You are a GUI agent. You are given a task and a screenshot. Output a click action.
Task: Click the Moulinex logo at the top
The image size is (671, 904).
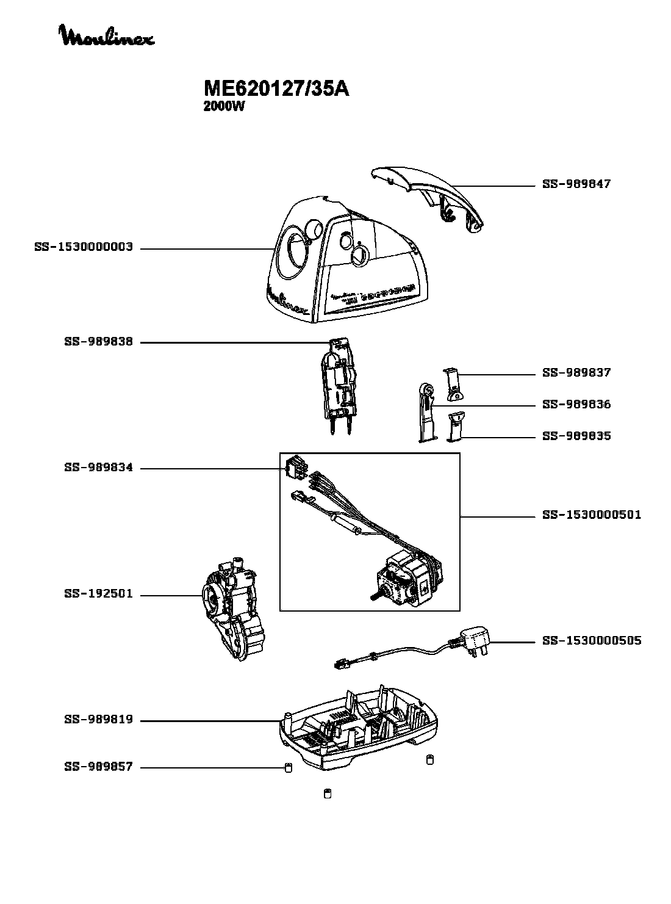tap(107, 36)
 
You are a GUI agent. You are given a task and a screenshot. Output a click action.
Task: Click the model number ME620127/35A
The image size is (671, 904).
tap(276, 89)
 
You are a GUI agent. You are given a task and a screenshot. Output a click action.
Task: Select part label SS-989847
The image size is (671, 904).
tap(576, 184)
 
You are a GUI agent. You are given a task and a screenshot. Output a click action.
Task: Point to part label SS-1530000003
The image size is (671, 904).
tap(84, 248)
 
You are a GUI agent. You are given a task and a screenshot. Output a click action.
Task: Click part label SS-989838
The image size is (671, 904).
tap(98, 342)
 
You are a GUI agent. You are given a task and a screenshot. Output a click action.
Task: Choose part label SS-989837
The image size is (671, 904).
tap(576, 373)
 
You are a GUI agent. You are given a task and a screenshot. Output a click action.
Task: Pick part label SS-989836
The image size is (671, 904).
tap(576, 405)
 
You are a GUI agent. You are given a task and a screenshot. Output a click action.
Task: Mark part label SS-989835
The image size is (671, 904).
tap(576, 436)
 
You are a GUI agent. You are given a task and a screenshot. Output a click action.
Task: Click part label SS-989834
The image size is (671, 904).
tap(98, 468)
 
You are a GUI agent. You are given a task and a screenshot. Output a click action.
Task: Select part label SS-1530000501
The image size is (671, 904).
tap(591, 515)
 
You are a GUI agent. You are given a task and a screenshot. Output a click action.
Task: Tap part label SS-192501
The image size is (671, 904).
tap(98, 595)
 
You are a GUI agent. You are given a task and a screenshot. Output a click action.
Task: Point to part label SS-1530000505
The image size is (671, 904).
tap(591, 641)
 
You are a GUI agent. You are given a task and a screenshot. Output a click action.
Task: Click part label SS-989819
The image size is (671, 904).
tap(98, 720)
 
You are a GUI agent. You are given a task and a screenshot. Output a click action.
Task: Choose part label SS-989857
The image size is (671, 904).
tap(98, 767)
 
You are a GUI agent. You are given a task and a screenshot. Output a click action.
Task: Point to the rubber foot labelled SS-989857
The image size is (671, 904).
tap(288, 767)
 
